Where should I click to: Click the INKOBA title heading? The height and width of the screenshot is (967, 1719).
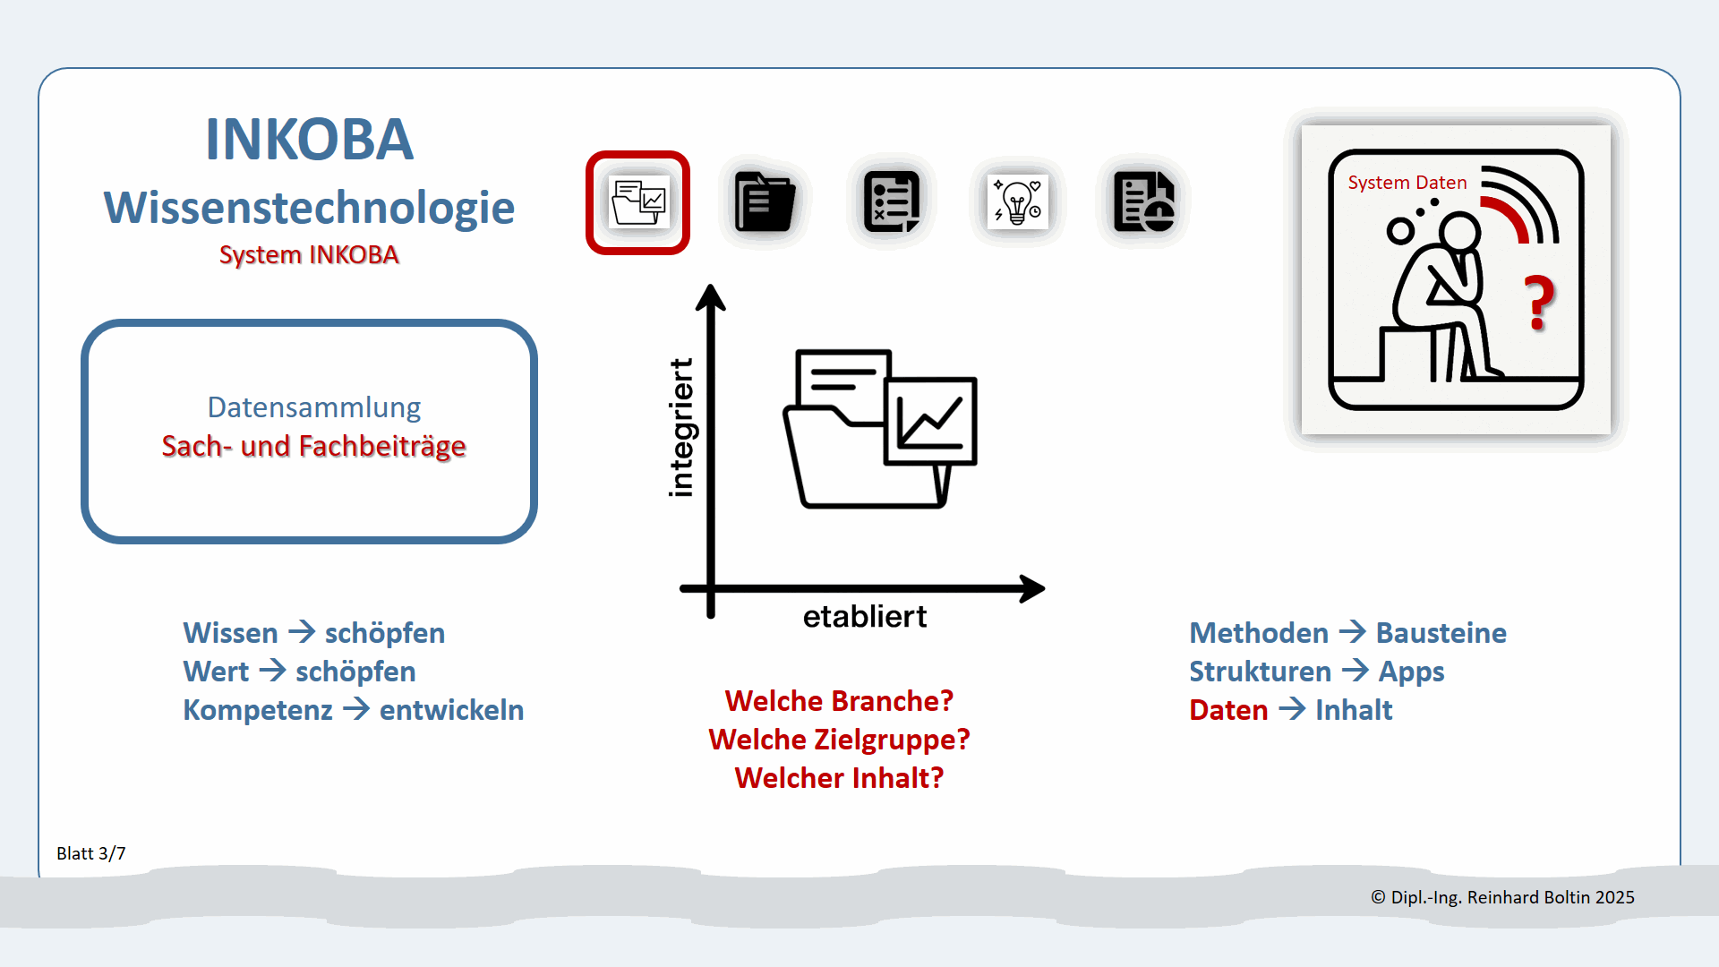tap(309, 140)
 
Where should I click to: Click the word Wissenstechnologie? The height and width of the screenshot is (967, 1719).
tap(309, 208)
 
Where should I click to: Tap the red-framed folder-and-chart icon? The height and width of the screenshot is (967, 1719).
tap(637, 202)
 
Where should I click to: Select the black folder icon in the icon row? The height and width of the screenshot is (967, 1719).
tap(765, 202)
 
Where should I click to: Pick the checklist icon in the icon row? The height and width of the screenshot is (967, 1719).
tap(892, 202)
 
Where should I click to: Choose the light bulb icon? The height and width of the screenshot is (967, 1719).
tap(1017, 202)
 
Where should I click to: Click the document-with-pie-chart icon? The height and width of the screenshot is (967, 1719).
tap(1143, 202)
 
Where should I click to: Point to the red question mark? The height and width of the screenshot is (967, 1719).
tap(1539, 303)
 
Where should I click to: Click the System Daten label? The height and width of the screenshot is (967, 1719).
tap(1407, 183)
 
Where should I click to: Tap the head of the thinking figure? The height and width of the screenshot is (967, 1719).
tap(1459, 233)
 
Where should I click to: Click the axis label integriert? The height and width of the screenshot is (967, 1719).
tap(681, 428)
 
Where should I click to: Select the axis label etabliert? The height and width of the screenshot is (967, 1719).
tap(864, 617)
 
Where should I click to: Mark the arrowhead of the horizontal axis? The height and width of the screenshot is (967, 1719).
tap(1033, 588)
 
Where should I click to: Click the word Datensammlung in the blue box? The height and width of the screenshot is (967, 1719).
tap(313, 407)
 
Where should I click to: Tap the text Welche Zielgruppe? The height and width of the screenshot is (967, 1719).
tap(839, 740)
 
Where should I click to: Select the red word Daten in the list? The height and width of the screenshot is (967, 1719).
tap(1228, 710)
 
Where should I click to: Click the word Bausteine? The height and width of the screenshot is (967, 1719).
tap(1441, 633)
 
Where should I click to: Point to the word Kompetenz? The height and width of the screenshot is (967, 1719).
tap(258, 710)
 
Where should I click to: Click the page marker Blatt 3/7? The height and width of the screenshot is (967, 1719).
tap(91, 853)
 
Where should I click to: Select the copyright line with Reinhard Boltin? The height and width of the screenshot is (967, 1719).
tap(1502, 897)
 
